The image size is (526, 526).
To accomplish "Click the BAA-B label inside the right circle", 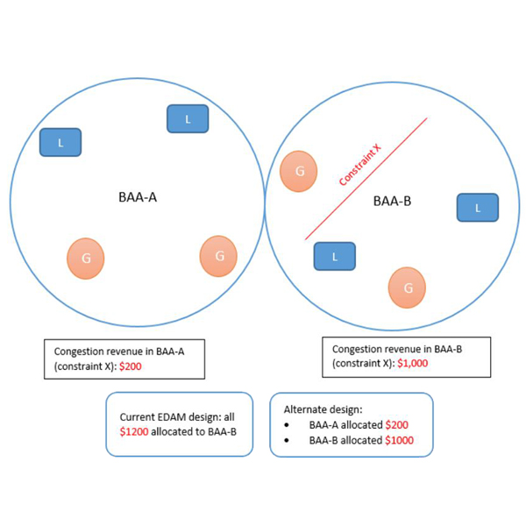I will tap(392, 201).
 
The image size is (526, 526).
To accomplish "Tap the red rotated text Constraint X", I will tap(360, 166).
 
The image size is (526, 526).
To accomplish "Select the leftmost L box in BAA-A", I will tap(60, 142).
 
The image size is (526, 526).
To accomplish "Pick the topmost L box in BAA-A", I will tap(187, 118).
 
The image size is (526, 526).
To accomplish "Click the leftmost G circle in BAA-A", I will tap(85, 259).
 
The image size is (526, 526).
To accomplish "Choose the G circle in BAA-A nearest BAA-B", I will tap(218, 256).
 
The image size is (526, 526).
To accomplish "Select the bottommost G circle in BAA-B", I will tap(407, 287).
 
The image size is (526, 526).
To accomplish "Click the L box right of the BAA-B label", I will tap(477, 208).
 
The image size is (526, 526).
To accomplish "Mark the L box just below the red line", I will tap(334, 256).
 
